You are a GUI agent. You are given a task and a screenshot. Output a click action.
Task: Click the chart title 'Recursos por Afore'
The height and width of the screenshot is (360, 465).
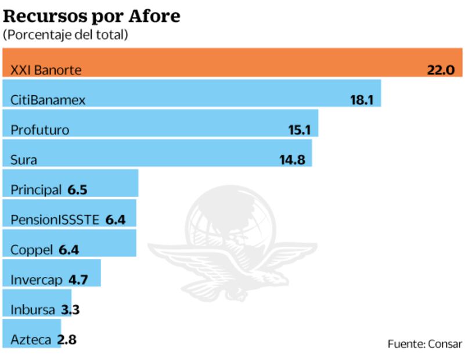click(x=92, y=16)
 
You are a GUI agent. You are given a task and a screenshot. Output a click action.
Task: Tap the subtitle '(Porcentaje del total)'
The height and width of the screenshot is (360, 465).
click(x=66, y=35)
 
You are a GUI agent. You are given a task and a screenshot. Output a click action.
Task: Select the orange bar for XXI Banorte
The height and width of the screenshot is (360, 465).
click(x=232, y=63)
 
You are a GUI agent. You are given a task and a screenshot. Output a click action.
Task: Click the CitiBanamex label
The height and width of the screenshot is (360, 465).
click(x=48, y=100)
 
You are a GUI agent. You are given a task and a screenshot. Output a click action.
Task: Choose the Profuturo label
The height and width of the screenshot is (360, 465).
click(x=39, y=130)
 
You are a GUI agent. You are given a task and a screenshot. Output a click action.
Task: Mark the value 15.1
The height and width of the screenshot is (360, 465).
click(x=300, y=130)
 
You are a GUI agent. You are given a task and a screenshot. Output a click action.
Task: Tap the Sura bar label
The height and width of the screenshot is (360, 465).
click(x=24, y=160)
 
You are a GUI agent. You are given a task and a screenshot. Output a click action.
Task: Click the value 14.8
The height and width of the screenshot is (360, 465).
click(x=292, y=160)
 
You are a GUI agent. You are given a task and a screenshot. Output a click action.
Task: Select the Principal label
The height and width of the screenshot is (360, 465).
click(x=36, y=190)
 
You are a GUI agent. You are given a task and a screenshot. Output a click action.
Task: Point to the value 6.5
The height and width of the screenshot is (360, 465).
click(x=77, y=190)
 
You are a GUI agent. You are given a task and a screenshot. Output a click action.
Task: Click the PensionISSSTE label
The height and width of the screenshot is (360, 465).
click(x=56, y=220)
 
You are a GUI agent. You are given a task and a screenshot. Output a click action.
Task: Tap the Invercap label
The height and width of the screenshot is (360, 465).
click(x=37, y=280)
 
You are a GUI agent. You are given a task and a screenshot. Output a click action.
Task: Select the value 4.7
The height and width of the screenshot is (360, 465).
click(x=78, y=280)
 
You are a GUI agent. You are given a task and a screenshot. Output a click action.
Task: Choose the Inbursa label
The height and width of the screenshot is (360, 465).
click(x=33, y=310)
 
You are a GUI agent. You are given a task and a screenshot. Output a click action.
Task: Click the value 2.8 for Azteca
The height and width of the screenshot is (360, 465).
click(x=67, y=340)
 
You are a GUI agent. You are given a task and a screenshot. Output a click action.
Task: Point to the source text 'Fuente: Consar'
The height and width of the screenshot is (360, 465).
click(x=425, y=343)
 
